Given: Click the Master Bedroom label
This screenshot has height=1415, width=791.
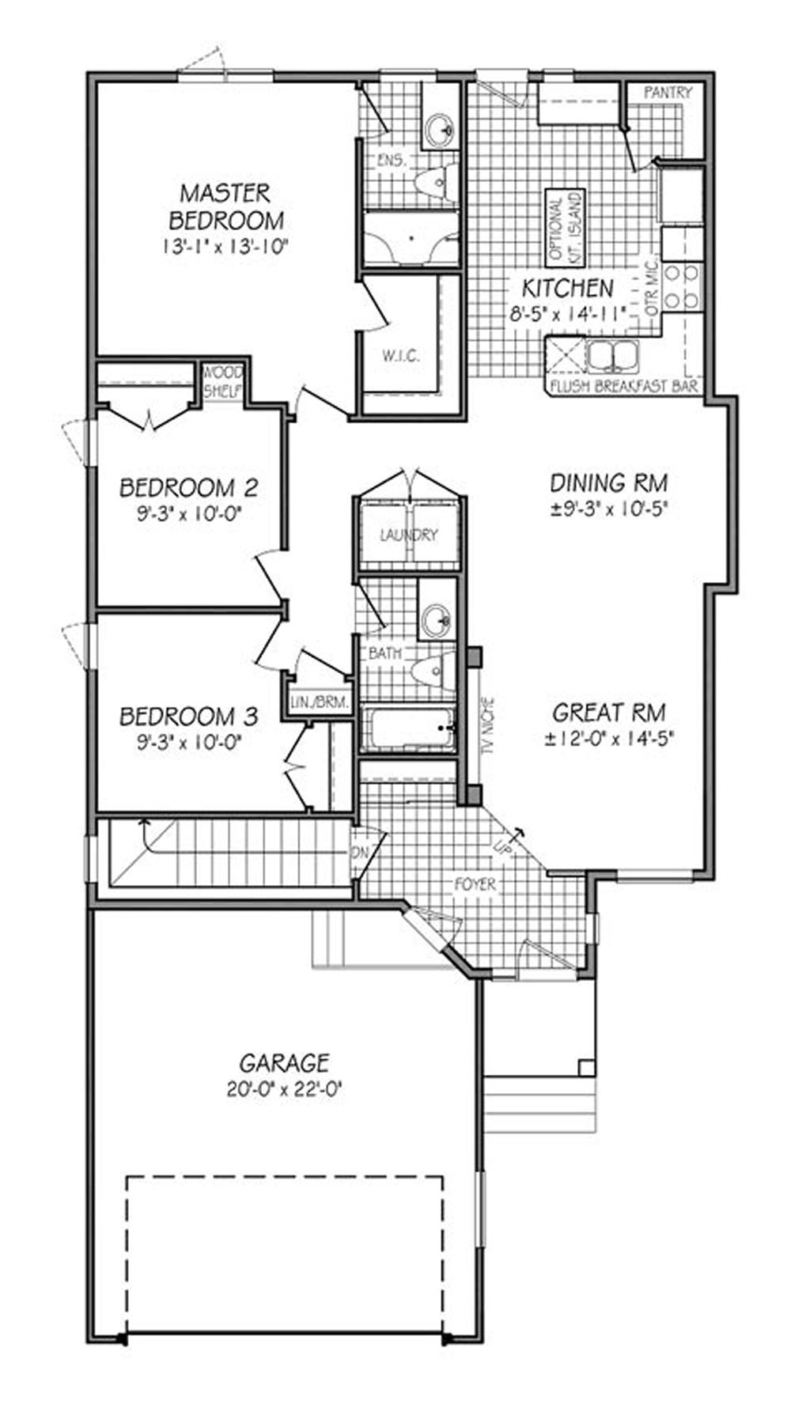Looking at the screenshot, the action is point(225,206).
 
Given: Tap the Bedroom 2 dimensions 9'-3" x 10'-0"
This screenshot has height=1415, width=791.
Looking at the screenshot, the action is point(187,513).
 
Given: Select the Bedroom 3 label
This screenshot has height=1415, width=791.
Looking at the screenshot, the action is point(188,717).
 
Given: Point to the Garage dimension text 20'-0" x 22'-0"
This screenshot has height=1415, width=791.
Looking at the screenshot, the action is point(284,1089).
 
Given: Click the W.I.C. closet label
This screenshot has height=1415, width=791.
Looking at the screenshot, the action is point(401,356).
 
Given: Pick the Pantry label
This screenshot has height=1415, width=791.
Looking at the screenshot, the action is point(668,93).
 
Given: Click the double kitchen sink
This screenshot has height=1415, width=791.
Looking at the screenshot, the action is point(613,356).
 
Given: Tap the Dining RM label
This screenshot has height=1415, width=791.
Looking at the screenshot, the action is point(608,482).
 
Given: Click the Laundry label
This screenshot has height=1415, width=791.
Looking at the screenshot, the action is point(408,535).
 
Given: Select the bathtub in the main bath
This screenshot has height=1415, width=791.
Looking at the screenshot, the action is point(408,728).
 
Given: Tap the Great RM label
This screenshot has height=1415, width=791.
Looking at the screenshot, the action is point(608,713).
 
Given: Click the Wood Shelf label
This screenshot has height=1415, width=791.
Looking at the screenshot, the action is point(224,380).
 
